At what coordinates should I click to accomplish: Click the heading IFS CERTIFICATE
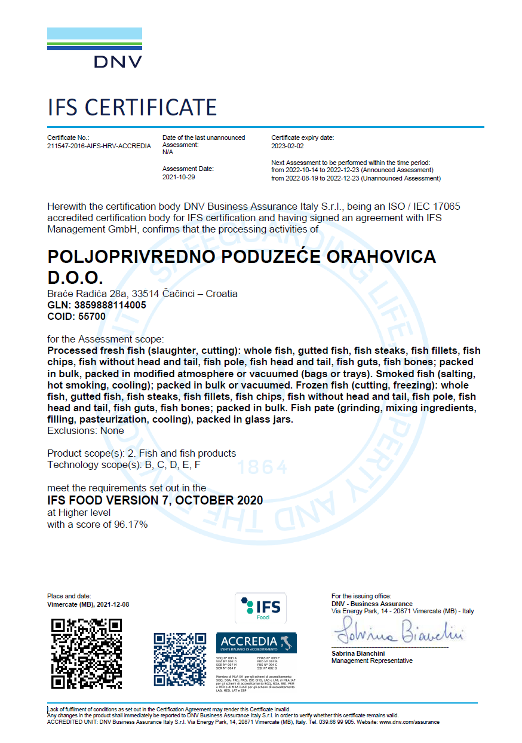tap(132, 108)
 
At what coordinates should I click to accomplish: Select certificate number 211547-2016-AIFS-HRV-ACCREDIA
tap(99, 146)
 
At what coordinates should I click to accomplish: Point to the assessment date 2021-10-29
tap(179, 178)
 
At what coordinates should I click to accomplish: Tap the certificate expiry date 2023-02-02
tap(287, 146)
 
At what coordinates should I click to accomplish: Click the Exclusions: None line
tap(85, 430)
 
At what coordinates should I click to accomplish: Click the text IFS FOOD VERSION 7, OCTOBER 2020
tap(155, 500)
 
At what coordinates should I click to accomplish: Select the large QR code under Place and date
tap(87, 653)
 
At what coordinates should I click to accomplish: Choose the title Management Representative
tap(371, 661)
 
